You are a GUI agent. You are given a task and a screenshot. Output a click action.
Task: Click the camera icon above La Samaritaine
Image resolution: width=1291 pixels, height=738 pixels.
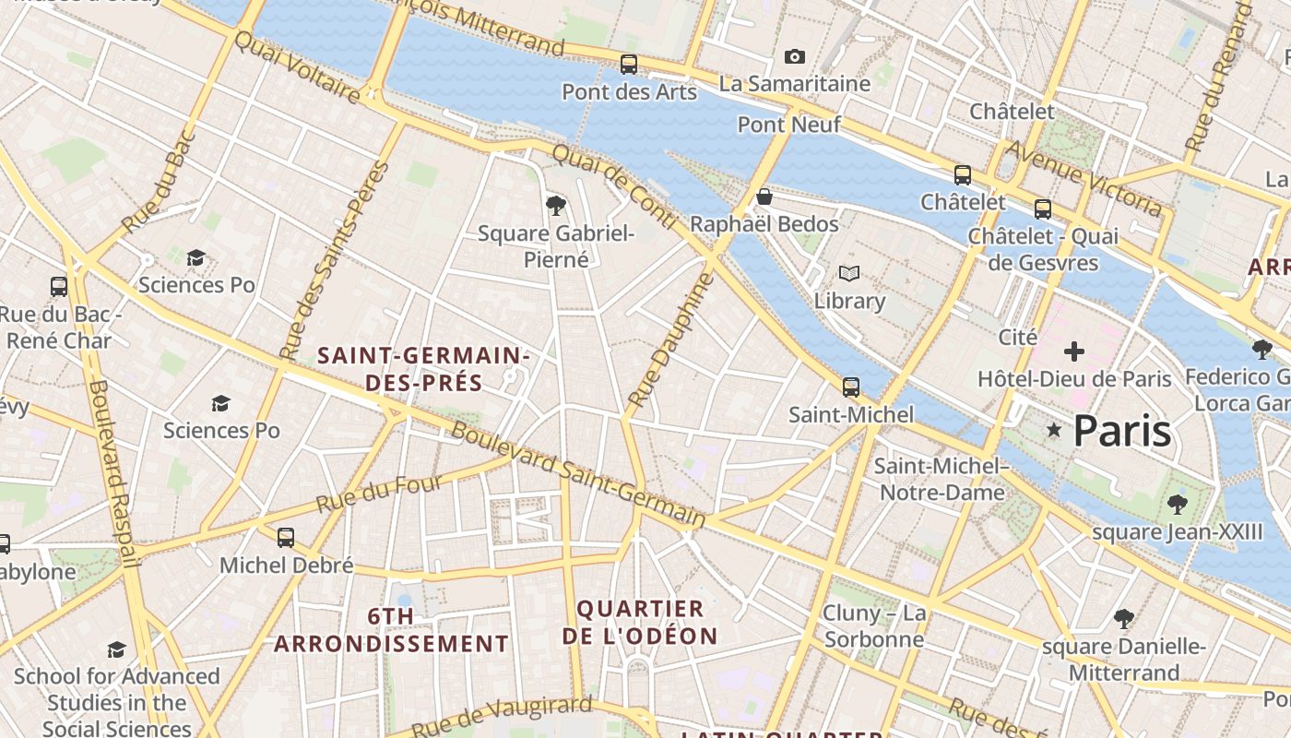tap(794, 57)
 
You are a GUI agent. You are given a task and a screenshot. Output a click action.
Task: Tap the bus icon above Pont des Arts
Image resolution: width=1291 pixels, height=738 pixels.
tap(629, 65)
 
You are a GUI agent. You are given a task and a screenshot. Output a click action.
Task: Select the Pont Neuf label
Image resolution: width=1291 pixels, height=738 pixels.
tap(788, 124)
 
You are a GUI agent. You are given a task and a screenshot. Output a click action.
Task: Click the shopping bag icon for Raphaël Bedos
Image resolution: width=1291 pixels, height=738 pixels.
tap(764, 196)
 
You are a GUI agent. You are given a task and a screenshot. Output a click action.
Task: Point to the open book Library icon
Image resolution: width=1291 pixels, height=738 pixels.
tap(848, 274)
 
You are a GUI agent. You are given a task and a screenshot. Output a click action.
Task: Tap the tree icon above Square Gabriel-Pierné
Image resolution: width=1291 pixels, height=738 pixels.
tap(555, 205)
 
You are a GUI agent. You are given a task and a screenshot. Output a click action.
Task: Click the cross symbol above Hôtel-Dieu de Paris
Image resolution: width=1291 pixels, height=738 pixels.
tap(1073, 351)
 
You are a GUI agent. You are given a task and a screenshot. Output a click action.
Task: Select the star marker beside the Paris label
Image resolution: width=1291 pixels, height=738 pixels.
tap(1054, 431)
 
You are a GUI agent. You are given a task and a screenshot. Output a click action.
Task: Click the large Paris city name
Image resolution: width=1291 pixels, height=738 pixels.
tap(1122, 431)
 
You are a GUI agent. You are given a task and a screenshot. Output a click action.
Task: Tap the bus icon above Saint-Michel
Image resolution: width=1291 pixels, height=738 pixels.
tap(850, 387)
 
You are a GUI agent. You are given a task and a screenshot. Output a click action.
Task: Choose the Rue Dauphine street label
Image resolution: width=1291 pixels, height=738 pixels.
tap(670, 340)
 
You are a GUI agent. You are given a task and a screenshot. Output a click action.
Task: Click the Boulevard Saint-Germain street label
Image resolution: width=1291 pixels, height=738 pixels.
tap(577, 475)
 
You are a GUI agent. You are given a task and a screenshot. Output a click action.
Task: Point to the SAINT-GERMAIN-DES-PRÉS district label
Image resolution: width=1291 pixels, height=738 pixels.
tap(423, 369)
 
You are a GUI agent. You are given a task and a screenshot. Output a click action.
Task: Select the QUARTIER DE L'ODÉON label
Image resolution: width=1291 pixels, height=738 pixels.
tap(640, 623)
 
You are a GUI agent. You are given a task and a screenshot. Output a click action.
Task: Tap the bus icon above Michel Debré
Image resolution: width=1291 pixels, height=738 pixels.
tap(286, 537)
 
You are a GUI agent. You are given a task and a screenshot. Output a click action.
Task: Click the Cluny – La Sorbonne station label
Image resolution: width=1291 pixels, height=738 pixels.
tap(874, 626)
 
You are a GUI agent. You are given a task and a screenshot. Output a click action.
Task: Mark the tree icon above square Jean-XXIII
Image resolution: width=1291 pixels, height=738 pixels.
tap(1177, 504)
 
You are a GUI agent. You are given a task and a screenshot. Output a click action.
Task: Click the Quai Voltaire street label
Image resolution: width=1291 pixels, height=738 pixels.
tap(296, 67)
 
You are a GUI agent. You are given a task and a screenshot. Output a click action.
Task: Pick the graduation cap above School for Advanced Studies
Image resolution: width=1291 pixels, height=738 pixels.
tap(116, 649)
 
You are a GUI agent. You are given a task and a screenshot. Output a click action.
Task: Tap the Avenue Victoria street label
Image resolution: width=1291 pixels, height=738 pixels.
tap(1083, 179)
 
